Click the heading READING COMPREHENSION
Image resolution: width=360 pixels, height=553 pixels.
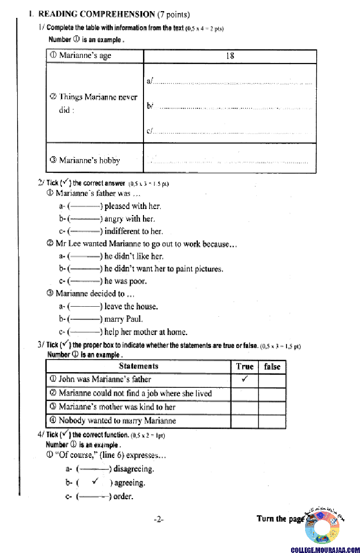tap(97, 14)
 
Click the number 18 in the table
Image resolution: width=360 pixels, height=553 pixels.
tap(230, 56)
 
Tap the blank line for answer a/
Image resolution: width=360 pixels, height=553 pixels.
tap(232, 81)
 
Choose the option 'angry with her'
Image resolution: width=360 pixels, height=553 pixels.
tap(129, 219)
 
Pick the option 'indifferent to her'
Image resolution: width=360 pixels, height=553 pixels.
tap(133, 232)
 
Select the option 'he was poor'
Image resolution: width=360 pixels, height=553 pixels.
tap(125, 282)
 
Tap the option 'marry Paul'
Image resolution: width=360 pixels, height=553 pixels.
tap(123, 319)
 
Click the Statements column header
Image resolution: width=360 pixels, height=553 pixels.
tap(138, 366)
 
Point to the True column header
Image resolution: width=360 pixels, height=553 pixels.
tap(245, 367)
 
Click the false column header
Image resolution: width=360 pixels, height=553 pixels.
tap(272, 367)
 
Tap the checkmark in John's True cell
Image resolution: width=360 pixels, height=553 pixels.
tap(245, 379)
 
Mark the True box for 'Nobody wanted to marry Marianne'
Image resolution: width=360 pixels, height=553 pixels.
tap(245, 421)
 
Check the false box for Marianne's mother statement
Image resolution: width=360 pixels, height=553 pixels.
tap(272, 407)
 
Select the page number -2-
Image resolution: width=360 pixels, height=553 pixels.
tap(159, 519)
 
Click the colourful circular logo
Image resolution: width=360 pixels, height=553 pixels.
tap(325, 529)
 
